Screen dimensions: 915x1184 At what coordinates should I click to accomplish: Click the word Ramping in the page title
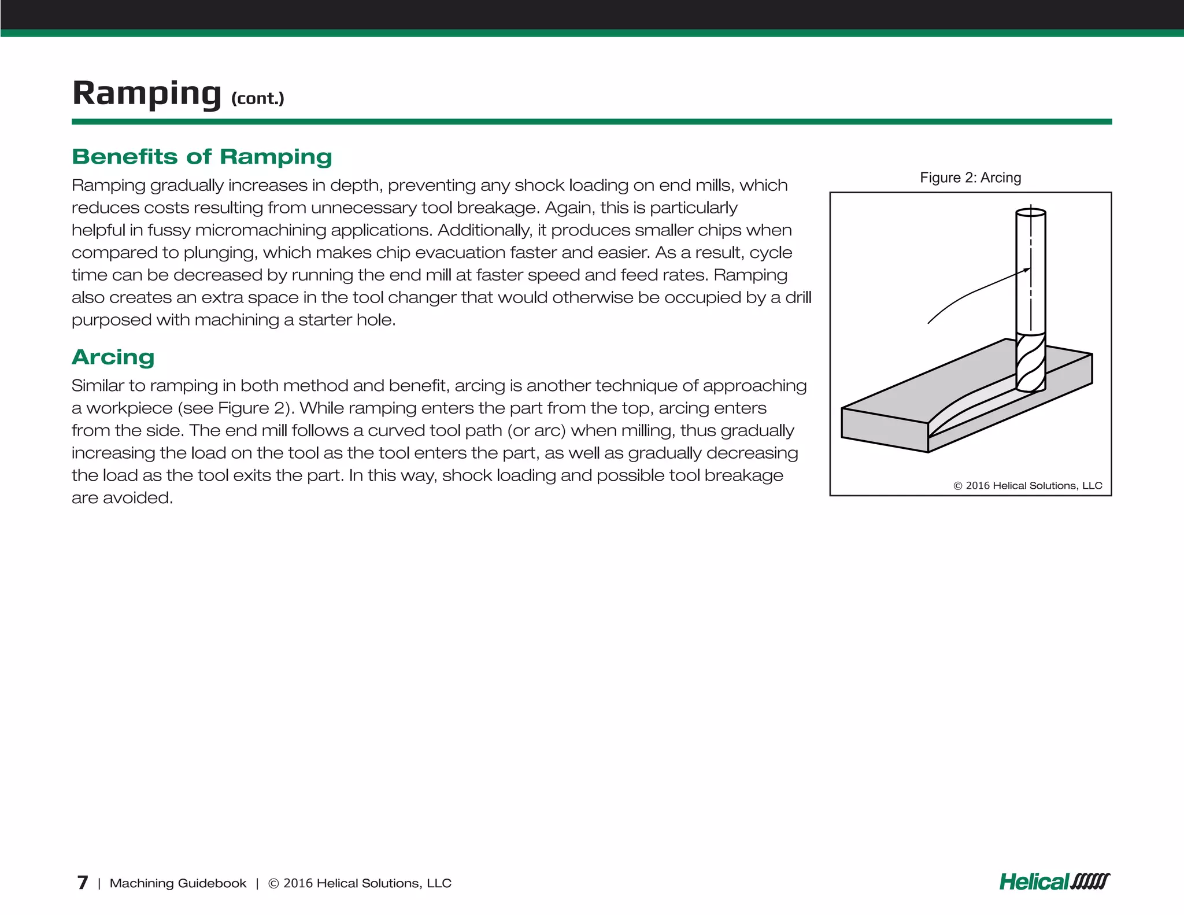click(146, 93)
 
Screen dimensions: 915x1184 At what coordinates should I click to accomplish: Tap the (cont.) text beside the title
click(257, 98)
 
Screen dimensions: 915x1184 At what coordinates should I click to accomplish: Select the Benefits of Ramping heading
click(202, 157)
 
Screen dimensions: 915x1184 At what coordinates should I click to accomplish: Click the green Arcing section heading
click(113, 357)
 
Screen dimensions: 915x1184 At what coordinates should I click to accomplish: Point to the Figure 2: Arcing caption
click(970, 178)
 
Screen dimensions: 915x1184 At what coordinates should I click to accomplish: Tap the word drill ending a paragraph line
click(798, 297)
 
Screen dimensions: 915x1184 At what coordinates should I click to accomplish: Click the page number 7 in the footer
click(83, 883)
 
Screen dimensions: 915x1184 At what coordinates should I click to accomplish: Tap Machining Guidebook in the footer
click(177, 883)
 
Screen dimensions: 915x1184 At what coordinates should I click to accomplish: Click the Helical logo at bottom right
click(1054, 881)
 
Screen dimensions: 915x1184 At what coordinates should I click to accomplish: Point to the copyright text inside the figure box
click(1027, 485)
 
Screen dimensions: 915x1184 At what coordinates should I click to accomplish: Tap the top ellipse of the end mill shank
click(1031, 212)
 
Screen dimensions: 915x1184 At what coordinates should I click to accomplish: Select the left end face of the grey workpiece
click(884, 430)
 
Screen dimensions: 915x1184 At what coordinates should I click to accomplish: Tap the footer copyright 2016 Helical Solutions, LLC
click(360, 883)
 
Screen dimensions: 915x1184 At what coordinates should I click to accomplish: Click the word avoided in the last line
click(137, 498)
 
